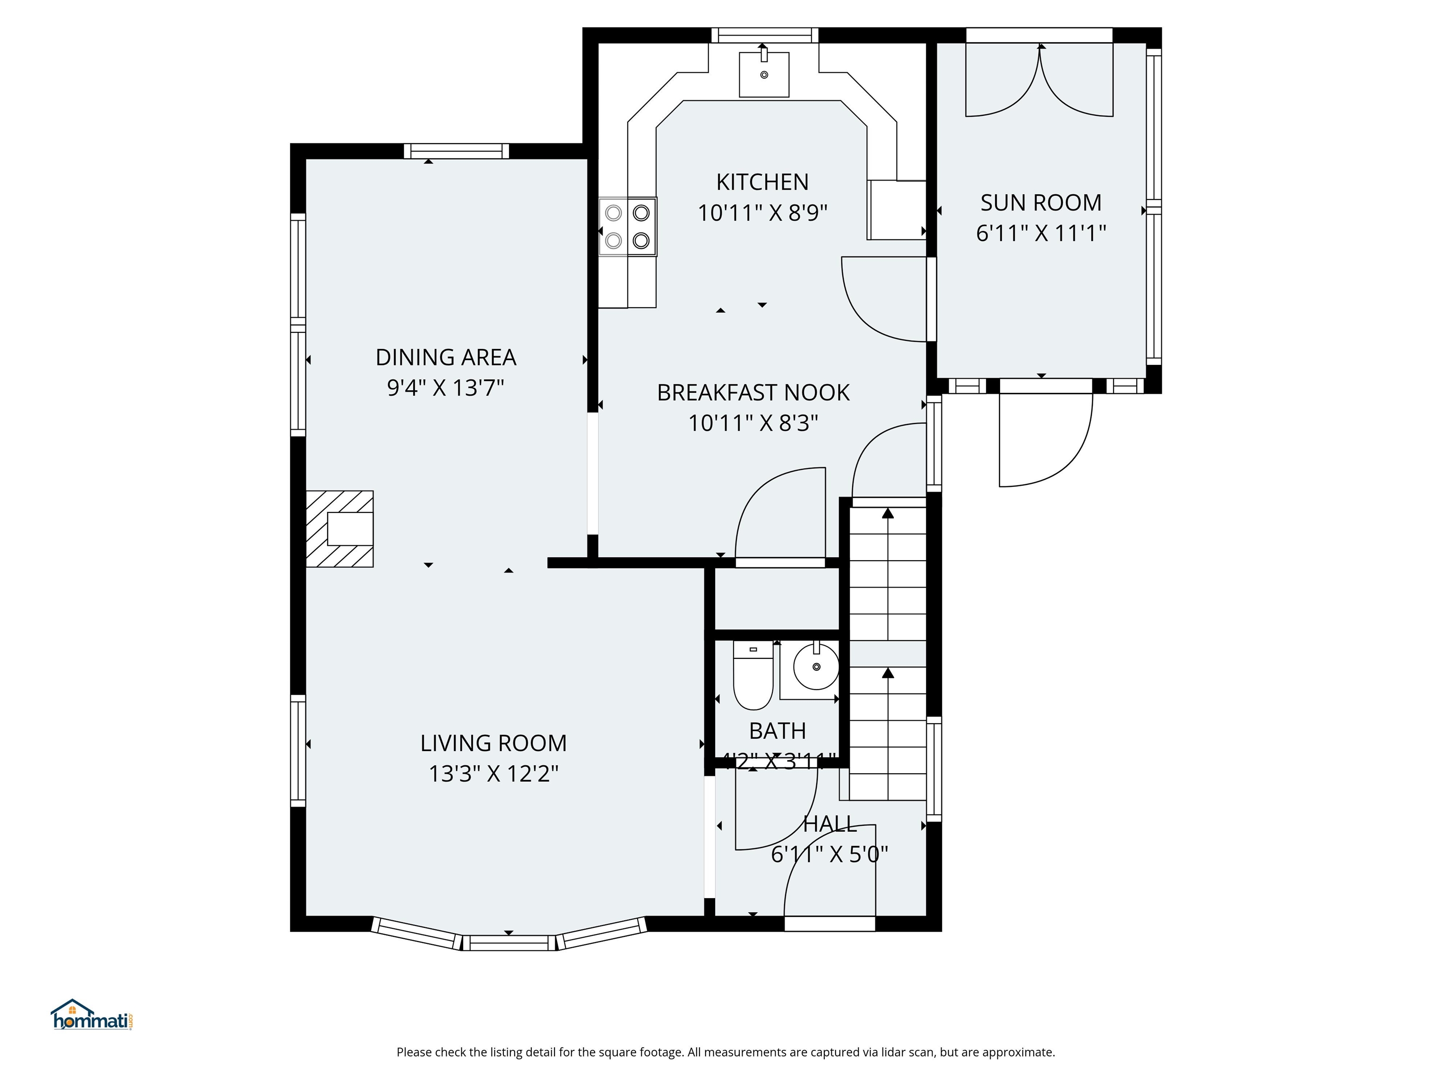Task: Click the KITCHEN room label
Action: click(761, 182)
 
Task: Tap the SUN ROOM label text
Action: click(1040, 203)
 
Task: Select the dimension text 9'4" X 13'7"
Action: click(445, 388)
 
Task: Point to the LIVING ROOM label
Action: click(493, 743)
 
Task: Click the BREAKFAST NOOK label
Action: click(753, 392)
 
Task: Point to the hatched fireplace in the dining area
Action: click(340, 528)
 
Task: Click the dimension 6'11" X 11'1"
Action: click(1040, 233)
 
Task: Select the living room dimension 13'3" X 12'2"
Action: click(493, 774)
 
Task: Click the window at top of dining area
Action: click(456, 151)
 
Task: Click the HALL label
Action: click(830, 824)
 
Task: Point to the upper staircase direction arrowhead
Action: click(888, 513)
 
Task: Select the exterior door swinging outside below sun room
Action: click(1045, 440)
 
